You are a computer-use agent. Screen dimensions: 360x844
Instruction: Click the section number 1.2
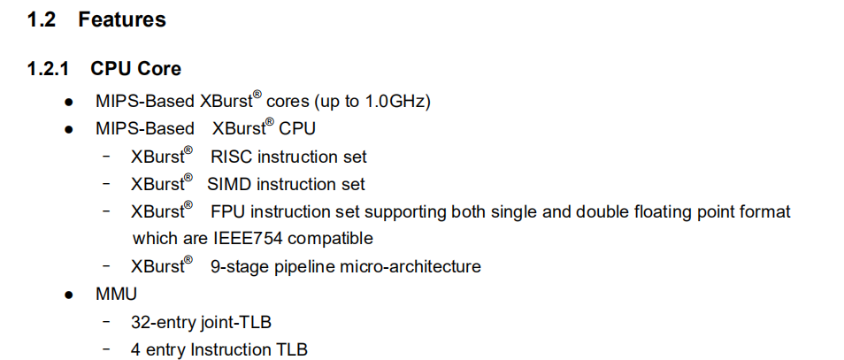pyautogui.click(x=42, y=19)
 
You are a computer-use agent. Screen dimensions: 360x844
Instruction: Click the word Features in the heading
pyautogui.click(x=122, y=19)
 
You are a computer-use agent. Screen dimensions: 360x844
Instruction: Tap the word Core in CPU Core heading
pyautogui.click(x=160, y=69)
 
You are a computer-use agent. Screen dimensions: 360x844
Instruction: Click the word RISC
pyautogui.click(x=231, y=157)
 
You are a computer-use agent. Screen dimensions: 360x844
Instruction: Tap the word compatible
pyautogui.click(x=331, y=239)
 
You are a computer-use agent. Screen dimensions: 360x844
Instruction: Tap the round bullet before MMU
pyautogui.click(x=69, y=295)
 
